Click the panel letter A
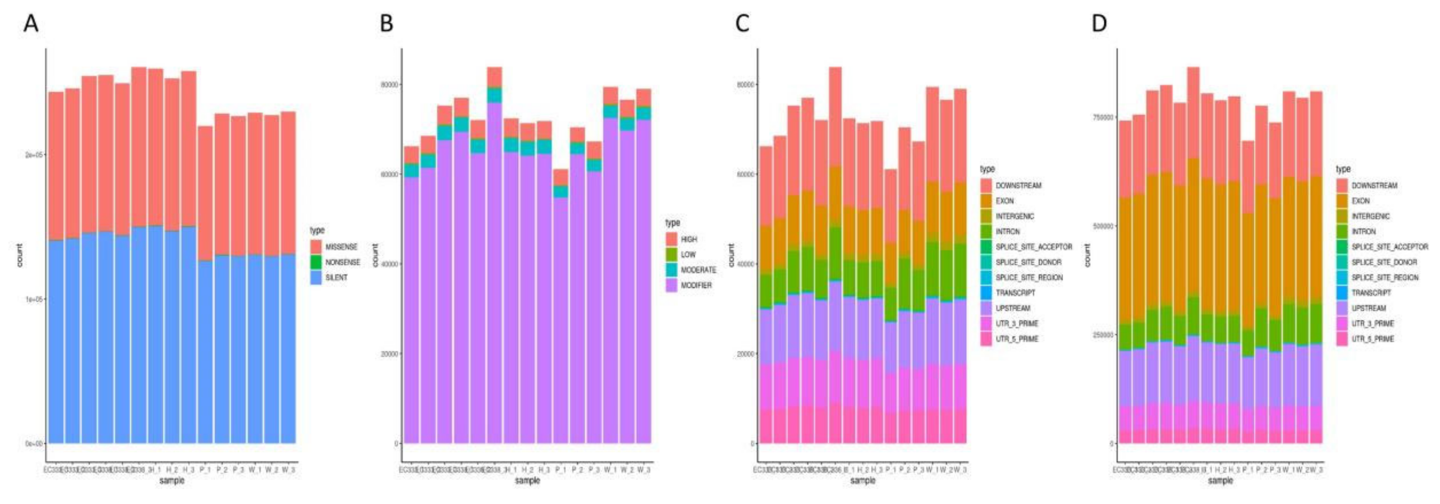pyautogui.click(x=31, y=24)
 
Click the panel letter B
pyautogui.click(x=386, y=24)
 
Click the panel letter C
pyautogui.click(x=742, y=24)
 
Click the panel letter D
pyautogui.click(x=1099, y=24)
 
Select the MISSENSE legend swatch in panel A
pyautogui.click(x=316, y=247)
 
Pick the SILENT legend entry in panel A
pyautogui.click(x=336, y=277)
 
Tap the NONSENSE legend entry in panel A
pyautogui.click(x=342, y=262)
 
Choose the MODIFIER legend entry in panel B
pyautogui.click(x=696, y=285)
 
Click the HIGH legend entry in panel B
pyautogui.click(x=689, y=239)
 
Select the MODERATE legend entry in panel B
pyautogui.click(x=698, y=269)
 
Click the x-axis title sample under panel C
pyautogui.click(x=862, y=480)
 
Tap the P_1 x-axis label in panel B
pyautogui.click(x=561, y=470)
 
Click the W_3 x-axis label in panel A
pyautogui.click(x=289, y=470)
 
